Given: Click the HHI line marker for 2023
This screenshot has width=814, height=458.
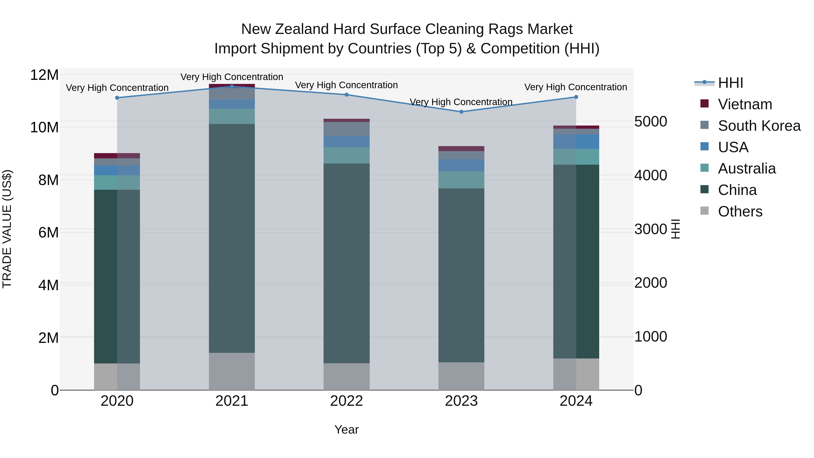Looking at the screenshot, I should tap(461, 112).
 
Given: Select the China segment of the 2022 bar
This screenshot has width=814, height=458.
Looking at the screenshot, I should tap(346, 263).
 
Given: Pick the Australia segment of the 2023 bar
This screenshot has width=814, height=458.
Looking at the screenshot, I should tap(461, 180).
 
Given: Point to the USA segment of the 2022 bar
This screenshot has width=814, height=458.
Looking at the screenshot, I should tap(346, 141).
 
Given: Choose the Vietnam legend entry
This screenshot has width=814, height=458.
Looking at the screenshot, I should tap(745, 104).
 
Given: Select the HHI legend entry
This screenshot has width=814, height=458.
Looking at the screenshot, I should tap(730, 83).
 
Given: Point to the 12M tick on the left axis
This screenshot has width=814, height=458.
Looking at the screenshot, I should tap(44, 75).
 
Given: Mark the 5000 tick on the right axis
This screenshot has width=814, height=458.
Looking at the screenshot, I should tap(651, 121).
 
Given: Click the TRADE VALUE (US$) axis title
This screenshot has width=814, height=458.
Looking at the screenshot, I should tap(7, 229).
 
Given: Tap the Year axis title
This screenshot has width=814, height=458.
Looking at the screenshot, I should tap(346, 430).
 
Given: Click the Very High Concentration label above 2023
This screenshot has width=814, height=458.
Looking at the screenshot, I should tap(461, 102).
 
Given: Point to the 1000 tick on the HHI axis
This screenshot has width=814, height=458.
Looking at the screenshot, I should tap(651, 337).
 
